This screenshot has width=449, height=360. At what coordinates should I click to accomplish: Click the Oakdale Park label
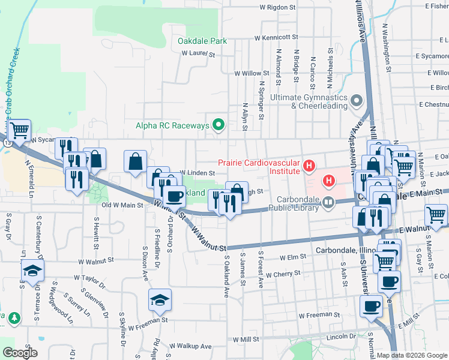pyautogui.click(x=202, y=41)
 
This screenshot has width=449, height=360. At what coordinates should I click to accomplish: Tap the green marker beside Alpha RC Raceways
pyautogui.click(x=219, y=125)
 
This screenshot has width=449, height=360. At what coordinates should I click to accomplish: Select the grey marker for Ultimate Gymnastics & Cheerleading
pyautogui.click(x=357, y=101)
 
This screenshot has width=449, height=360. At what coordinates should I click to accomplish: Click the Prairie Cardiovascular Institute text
pyautogui.click(x=258, y=166)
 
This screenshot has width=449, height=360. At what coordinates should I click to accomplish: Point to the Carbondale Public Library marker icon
pyautogui.click(x=328, y=203)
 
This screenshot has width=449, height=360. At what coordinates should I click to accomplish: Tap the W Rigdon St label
pyautogui.click(x=278, y=8)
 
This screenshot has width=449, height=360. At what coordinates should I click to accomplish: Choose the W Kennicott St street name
pyautogui.click(x=276, y=37)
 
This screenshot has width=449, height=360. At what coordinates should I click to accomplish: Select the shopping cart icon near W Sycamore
pyautogui.click(x=20, y=130)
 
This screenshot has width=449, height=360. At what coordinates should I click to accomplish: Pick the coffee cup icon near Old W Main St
pyautogui.click(x=175, y=196)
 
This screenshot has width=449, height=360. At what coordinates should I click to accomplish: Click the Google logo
pyautogui.click(x=20, y=353)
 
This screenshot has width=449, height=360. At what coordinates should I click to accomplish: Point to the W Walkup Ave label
pyautogui.click(x=190, y=346)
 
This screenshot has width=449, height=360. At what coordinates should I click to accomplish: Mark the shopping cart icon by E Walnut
pyautogui.click(x=436, y=214)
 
